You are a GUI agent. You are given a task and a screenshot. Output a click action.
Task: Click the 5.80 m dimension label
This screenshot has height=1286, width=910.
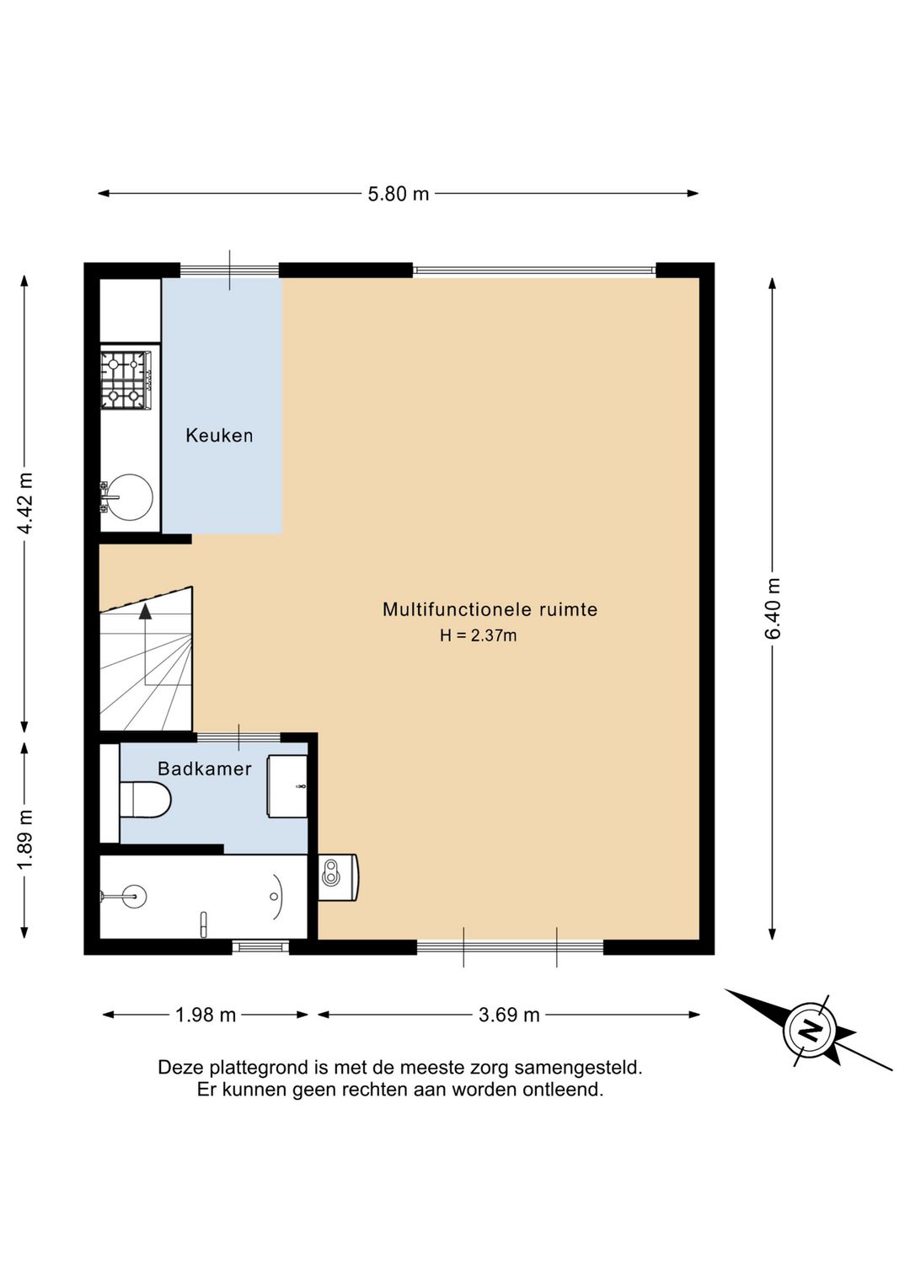tap(399, 194)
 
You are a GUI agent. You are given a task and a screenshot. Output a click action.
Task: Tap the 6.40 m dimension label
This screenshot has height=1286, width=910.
tap(774, 608)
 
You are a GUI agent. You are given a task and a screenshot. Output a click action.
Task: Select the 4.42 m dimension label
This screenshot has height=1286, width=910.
tap(25, 503)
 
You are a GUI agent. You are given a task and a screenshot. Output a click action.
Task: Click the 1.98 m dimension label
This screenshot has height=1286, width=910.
tap(206, 1015)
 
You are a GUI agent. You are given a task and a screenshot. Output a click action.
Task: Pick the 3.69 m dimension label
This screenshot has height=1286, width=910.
tap(509, 1015)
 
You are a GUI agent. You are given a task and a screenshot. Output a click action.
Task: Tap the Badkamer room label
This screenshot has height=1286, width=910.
tap(205, 769)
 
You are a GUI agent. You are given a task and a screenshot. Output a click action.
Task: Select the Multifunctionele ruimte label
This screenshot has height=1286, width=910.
tap(490, 609)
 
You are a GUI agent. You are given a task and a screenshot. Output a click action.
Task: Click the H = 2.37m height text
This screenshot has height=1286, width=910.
tap(479, 635)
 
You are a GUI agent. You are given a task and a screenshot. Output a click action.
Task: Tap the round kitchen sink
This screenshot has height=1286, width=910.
tap(131, 496)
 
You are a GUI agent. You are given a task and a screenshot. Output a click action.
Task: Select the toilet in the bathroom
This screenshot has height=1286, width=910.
tap(145, 799)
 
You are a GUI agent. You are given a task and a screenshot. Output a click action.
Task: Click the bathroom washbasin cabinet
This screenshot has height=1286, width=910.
tap(287, 786)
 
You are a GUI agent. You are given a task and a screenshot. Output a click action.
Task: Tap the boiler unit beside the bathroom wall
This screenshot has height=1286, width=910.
tap(338, 877)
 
